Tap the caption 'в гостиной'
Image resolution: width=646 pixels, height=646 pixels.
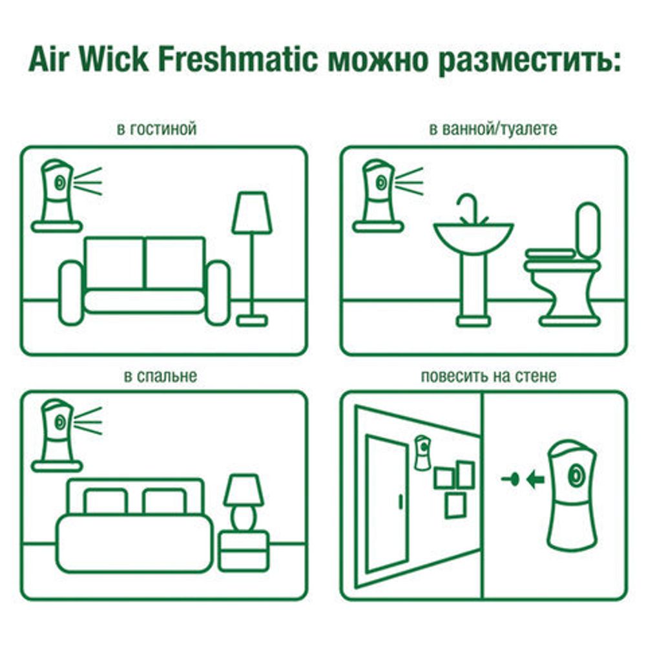[156, 129]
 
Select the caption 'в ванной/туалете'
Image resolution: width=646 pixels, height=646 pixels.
[492, 129]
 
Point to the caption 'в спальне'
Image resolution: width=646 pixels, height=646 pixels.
[160, 376]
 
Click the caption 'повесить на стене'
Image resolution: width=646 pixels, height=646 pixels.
[488, 376]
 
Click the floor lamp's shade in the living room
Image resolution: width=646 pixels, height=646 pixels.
[252, 213]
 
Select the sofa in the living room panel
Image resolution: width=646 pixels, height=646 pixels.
[145, 278]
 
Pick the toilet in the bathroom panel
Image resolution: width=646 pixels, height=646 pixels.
[562, 271]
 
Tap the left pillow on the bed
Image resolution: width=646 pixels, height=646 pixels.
[106, 501]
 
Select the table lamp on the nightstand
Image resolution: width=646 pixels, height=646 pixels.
[244, 501]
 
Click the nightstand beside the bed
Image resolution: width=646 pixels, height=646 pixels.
[244, 550]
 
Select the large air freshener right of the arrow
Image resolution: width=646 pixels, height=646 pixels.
[572, 494]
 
